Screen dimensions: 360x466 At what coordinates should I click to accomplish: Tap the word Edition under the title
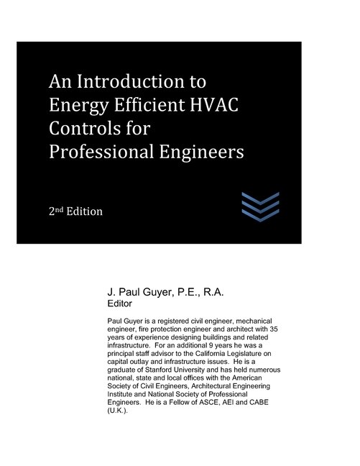coord(86,212)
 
